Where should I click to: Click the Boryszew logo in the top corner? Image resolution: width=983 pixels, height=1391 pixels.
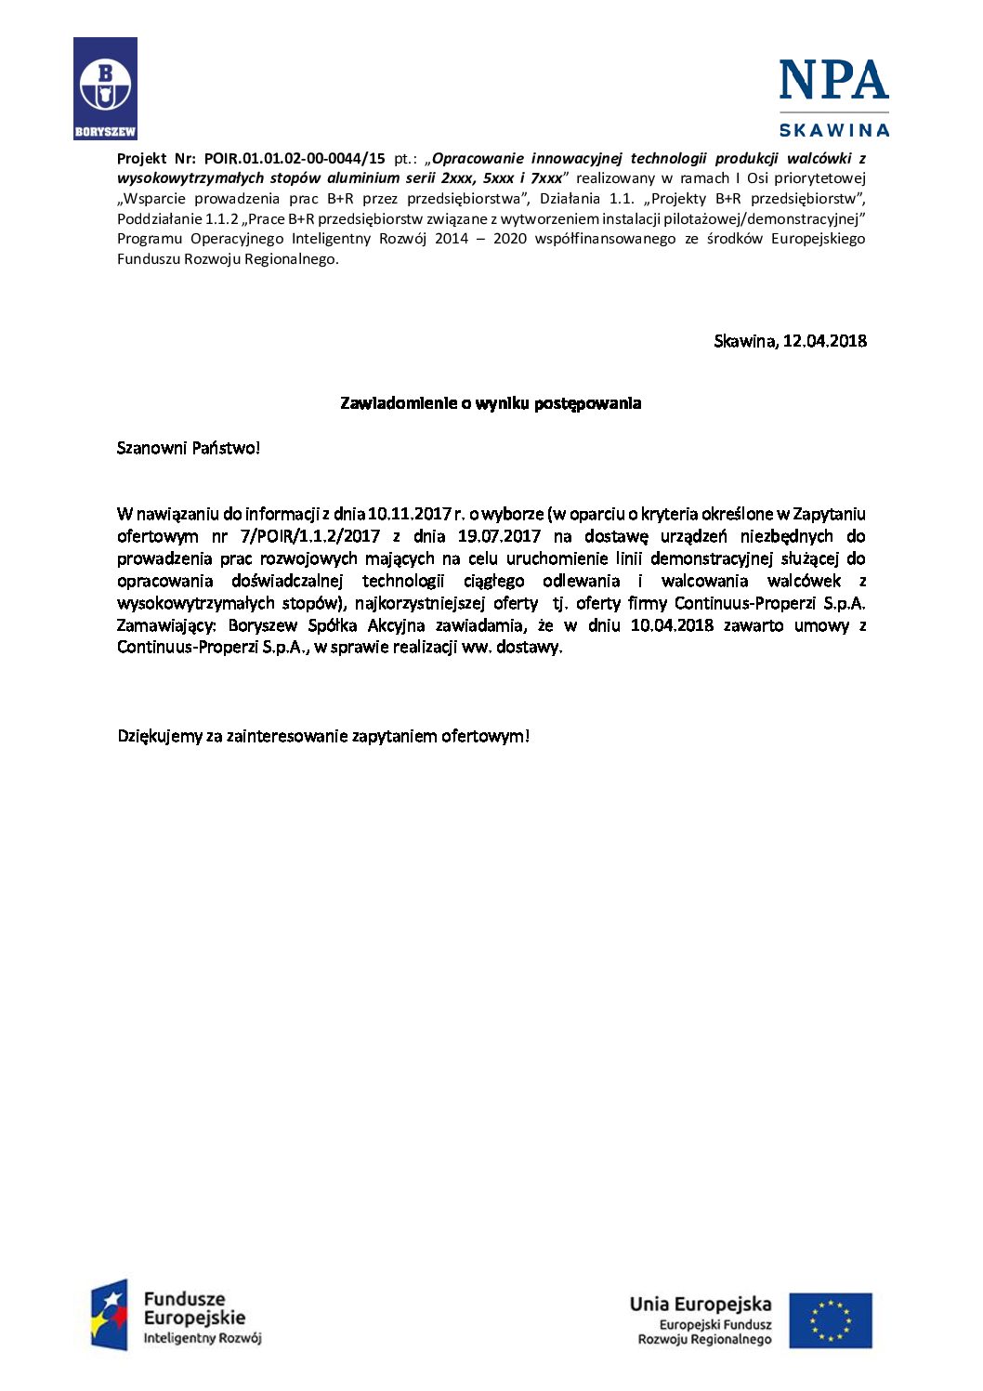(105, 87)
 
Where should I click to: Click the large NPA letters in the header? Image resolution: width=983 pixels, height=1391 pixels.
(833, 81)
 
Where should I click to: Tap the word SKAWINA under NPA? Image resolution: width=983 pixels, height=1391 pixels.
(833, 130)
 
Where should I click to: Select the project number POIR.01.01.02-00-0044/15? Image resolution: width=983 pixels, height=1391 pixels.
(295, 159)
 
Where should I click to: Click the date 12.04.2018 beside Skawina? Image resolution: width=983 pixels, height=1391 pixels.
(824, 341)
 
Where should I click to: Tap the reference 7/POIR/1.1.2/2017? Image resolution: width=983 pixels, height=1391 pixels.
(310, 536)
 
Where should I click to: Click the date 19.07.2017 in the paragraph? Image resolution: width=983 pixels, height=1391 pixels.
(499, 536)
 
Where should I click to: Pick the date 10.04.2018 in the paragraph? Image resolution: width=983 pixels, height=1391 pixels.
(672, 625)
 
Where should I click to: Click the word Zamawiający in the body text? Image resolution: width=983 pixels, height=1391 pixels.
(166, 625)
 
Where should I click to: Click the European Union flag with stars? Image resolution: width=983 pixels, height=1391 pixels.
(831, 1320)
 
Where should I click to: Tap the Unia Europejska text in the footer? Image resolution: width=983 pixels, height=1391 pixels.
(701, 1305)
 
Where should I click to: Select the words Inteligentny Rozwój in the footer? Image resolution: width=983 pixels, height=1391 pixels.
(202, 1339)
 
